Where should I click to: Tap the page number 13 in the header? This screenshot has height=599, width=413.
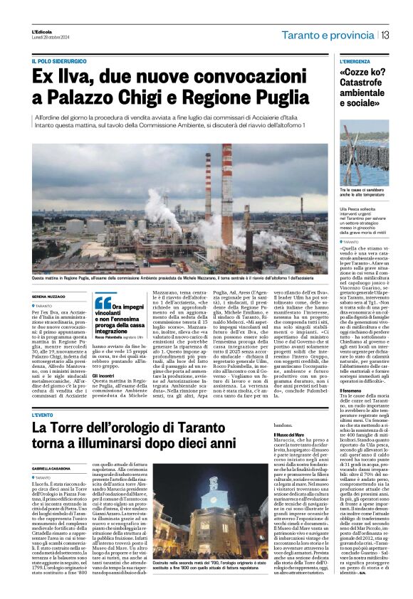pyautogui.click(x=385, y=36)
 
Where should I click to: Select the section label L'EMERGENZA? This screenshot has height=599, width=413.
pyautogui.click(x=356, y=62)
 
